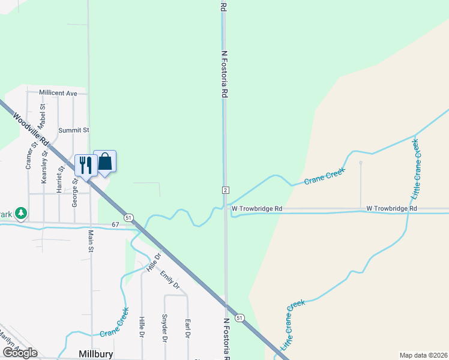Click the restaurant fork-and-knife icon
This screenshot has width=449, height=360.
[x=86, y=164]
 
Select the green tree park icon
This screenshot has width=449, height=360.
[x=21, y=212]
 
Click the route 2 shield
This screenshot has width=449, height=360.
[x=225, y=190]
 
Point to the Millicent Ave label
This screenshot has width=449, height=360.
[x=58, y=93]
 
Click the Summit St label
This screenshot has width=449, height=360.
[x=73, y=130]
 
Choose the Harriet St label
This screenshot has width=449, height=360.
[x=59, y=178]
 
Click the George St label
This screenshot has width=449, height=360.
[x=75, y=192]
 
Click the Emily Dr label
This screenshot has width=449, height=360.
[x=169, y=280]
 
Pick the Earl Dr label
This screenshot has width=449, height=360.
[x=187, y=329]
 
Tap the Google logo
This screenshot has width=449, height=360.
[x=20, y=353]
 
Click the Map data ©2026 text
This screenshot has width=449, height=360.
[x=423, y=355]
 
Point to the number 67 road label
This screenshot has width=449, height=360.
[x=115, y=224]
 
